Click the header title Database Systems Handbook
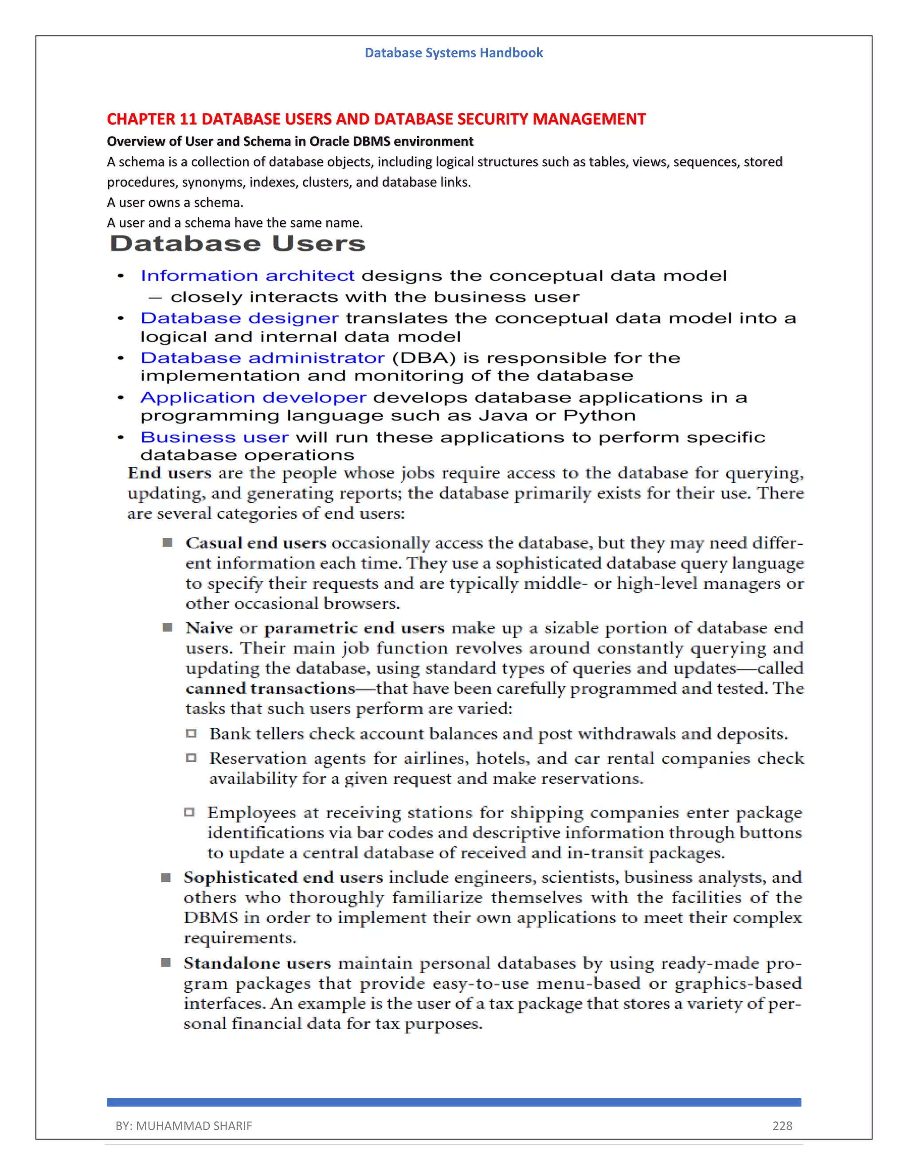click(x=454, y=53)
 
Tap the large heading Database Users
click(x=237, y=244)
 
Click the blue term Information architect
click(x=247, y=275)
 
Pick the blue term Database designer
click(x=239, y=318)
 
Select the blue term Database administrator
click(x=262, y=358)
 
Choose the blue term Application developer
click(x=253, y=398)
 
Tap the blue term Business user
click(x=215, y=437)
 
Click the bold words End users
click(x=169, y=474)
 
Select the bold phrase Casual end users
click(x=256, y=544)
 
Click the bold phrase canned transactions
click(x=270, y=689)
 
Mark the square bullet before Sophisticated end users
click(x=166, y=877)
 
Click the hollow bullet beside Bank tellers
click(x=191, y=733)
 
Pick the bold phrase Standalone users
click(x=257, y=963)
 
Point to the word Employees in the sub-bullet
click(x=252, y=813)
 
